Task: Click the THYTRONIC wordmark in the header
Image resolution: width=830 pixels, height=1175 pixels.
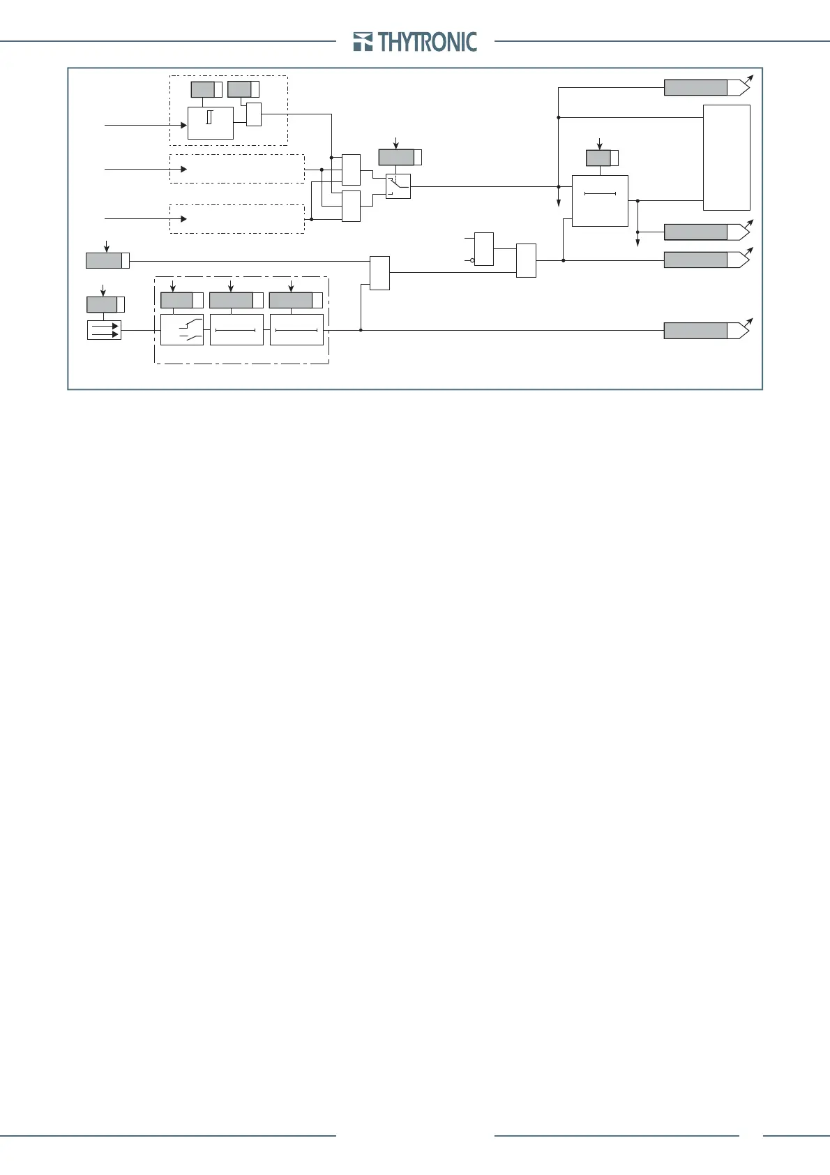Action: tap(428, 42)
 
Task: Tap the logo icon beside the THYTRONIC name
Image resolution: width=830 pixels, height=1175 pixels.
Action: tap(363, 42)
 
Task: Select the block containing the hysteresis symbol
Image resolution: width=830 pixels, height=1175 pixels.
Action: tap(210, 123)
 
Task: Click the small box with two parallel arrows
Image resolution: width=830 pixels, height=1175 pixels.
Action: tap(104, 330)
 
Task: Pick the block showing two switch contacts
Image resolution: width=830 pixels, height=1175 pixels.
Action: tap(182, 330)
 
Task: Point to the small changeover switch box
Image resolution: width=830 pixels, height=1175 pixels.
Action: tap(398, 186)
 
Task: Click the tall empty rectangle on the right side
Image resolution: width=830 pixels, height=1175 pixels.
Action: tap(726, 157)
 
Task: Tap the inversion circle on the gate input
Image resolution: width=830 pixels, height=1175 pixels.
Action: tap(472, 260)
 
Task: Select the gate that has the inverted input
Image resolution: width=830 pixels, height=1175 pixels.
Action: tap(484, 249)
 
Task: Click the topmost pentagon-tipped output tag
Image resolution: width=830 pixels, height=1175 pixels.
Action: tap(706, 87)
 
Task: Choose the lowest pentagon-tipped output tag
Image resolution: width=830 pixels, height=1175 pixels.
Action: tap(706, 331)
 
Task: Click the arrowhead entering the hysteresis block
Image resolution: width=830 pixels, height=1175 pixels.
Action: tap(184, 126)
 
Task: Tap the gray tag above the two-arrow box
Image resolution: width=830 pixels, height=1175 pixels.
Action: tap(102, 305)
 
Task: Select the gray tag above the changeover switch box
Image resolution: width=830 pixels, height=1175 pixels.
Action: tap(396, 157)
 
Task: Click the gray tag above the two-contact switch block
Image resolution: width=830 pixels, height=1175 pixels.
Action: tap(176, 301)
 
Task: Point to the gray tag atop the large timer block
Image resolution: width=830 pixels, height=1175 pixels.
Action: tap(598, 158)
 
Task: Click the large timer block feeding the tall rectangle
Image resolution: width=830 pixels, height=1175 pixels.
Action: tap(600, 201)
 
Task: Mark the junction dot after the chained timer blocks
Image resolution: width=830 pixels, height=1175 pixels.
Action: tap(361, 330)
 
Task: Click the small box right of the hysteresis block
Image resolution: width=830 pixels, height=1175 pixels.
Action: tap(254, 114)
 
